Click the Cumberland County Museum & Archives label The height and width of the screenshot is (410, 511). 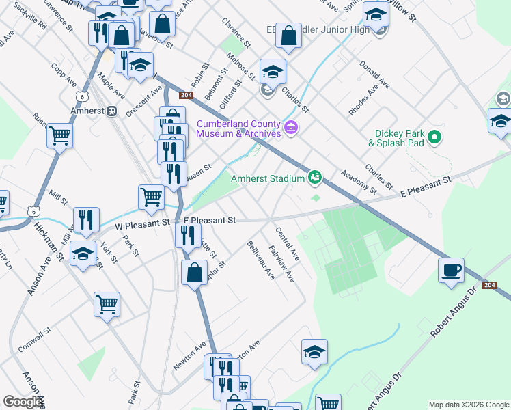click(x=238, y=128)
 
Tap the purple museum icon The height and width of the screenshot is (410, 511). click(x=292, y=128)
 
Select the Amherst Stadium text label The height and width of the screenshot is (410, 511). click(x=266, y=178)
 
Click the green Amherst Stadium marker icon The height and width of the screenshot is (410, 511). click(x=315, y=177)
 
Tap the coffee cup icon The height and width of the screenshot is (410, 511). click(x=451, y=269)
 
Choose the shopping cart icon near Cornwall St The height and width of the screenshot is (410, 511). click(x=107, y=304)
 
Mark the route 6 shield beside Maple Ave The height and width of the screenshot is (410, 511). click(x=82, y=96)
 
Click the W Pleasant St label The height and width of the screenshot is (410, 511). click(x=142, y=223)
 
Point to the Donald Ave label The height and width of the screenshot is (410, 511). click(x=374, y=77)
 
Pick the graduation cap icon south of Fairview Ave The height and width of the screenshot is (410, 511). click(x=314, y=352)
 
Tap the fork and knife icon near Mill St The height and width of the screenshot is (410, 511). click(x=86, y=219)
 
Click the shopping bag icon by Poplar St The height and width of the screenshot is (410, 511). click(x=194, y=271)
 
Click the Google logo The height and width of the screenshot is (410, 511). click(x=23, y=402)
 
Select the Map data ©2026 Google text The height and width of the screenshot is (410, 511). click(x=468, y=404)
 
